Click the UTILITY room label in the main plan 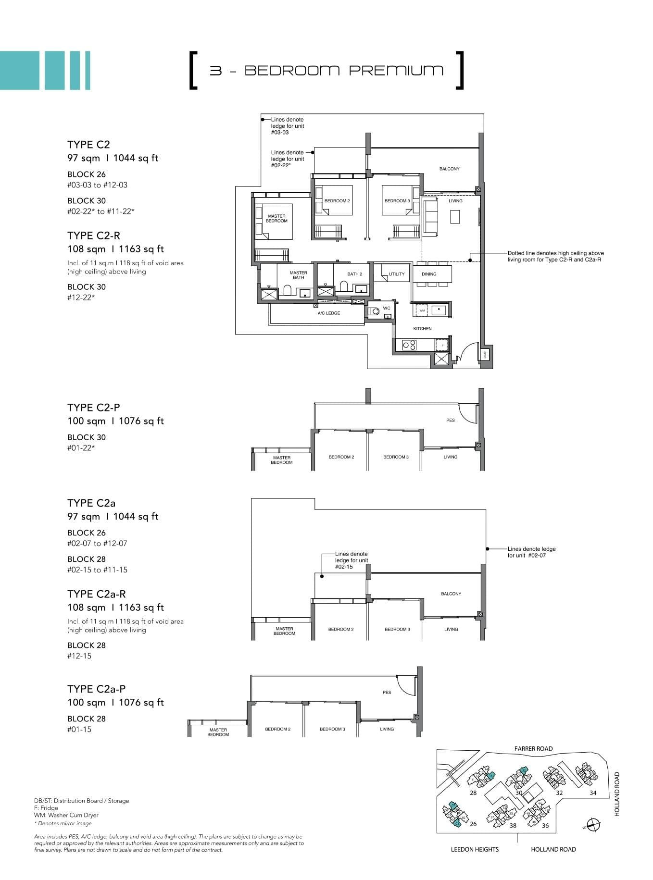click(397, 274)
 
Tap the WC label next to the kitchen click(387, 308)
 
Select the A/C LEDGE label click(329, 313)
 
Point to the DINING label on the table click(429, 274)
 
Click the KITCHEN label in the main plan click(423, 329)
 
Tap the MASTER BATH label click(298, 275)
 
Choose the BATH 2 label click(355, 274)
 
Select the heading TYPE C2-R click(94, 235)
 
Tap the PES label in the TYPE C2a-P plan click(387, 693)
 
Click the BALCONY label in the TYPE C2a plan click(451, 594)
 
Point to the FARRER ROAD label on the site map click(533, 748)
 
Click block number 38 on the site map click(513, 826)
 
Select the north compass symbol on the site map click(593, 825)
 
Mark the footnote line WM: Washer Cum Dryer click(66, 815)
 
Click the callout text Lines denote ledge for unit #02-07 click(531, 552)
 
